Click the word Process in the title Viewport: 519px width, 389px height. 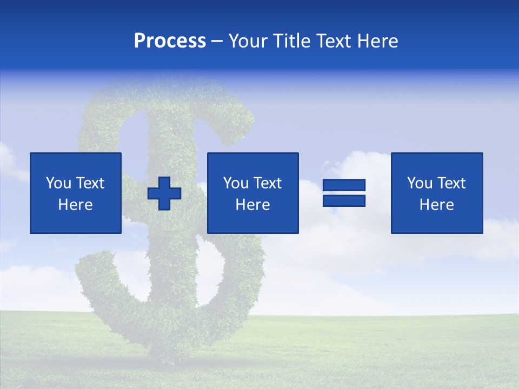point(170,41)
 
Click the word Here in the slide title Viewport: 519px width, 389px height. point(378,41)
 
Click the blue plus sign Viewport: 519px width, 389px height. point(164,193)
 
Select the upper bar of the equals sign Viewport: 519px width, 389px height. point(344,185)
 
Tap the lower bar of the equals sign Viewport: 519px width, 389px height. point(344,200)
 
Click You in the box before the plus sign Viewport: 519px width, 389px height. point(58,183)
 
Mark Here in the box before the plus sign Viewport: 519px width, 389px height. point(75,205)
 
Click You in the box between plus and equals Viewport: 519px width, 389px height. point(236,183)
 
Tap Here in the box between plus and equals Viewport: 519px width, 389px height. point(253,205)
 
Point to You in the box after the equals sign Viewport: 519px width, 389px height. point(420,183)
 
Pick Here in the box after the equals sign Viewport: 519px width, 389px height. point(437,205)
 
